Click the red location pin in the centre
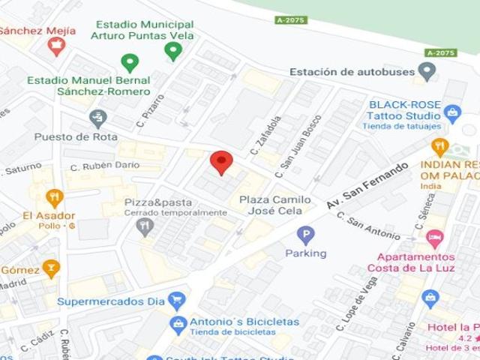[x=220, y=161]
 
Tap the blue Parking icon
[x=305, y=236]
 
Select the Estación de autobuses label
[x=352, y=72]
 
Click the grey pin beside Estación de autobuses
[x=427, y=72]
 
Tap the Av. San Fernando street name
[x=367, y=184]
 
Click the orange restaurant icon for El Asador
[x=54, y=198]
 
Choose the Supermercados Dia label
[x=112, y=302]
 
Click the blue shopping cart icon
[x=177, y=301]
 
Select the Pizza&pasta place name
[x=157, y=202]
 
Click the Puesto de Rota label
[x=65, y=137]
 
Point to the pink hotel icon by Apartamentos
[x=434, y=238]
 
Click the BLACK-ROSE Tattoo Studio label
[x=403, y=110]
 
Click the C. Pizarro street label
[x=150, y=109]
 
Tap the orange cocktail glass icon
[x=51, y=268]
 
